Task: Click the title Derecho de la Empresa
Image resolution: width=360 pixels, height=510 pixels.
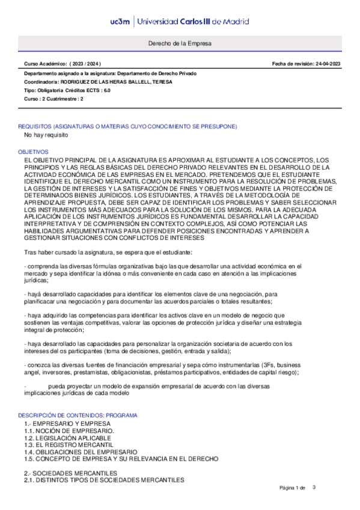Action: pos(180,44)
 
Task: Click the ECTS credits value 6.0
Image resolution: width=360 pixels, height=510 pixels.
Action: pos(106,90)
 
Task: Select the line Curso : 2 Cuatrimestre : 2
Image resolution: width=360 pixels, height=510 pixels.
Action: pos(53,98)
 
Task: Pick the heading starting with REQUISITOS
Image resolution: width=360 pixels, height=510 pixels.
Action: pos(127,126)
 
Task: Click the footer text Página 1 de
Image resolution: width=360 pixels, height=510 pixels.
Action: pos(293,487)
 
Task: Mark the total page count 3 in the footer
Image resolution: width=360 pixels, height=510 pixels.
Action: pos(314,487)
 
